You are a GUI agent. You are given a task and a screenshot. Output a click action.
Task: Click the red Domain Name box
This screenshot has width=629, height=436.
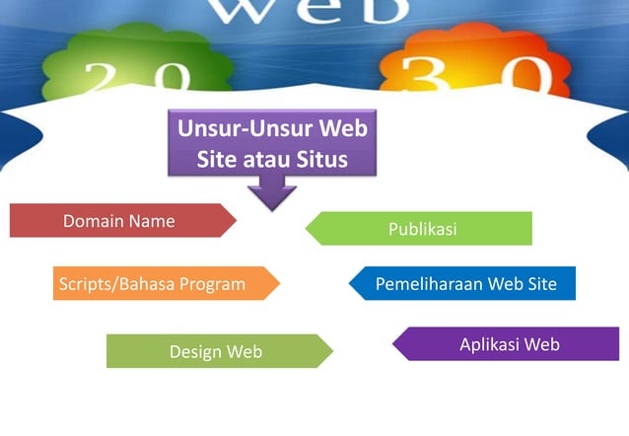(118, 221)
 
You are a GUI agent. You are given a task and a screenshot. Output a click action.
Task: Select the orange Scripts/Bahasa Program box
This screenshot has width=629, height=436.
(158, 284)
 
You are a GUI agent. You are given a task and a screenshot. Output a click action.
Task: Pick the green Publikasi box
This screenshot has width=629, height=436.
(424, 229)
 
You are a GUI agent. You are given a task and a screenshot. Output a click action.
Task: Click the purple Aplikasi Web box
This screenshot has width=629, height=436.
(509, 344)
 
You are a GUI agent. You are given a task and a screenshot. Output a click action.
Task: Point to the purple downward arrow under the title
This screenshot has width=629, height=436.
(272, 193)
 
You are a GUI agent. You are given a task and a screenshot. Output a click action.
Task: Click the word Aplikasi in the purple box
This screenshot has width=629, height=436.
(490, 344)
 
